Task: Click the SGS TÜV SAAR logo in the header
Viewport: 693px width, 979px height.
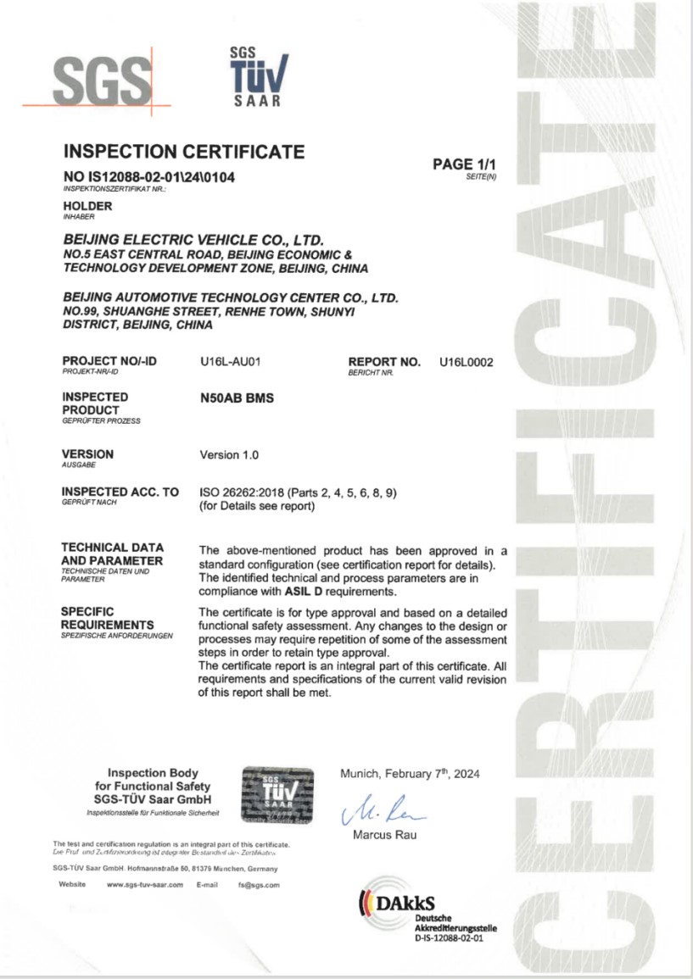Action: click(x=258, y=75)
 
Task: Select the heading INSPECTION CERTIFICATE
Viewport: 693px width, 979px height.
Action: click(x=184, y=153)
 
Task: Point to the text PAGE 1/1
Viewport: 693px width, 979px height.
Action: click(x=463, y=164)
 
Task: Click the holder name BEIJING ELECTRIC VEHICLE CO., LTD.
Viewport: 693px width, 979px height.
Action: click(x=195, y=242)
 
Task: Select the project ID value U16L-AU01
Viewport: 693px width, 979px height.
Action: click(x=228, y=362)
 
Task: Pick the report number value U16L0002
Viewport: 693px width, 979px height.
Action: click(x=466, y=362)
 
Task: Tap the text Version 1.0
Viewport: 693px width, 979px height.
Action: click(x=228, y=455)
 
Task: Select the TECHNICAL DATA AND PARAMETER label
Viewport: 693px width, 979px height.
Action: click(x=112, y=553)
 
